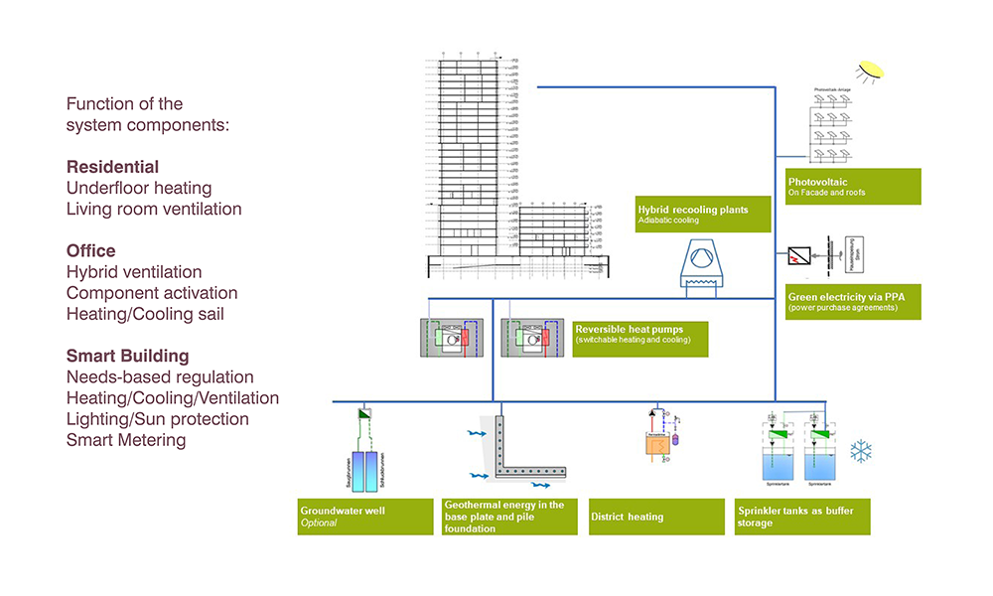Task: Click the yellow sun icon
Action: pos(871,70)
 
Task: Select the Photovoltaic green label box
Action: pos(852,187)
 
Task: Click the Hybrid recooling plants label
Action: pos(705,214)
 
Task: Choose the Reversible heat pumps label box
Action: pos(640,338)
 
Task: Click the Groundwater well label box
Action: pos(366,516)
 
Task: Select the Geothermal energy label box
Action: pos(509,517)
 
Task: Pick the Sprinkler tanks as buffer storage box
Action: pos(802,517)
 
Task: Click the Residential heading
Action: pos(112,167)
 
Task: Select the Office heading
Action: pos(91,251)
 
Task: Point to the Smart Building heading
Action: pos(127,356)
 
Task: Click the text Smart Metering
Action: pos(126,440)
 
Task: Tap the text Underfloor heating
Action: pos(139,188)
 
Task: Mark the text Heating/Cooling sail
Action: pos(146,315)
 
